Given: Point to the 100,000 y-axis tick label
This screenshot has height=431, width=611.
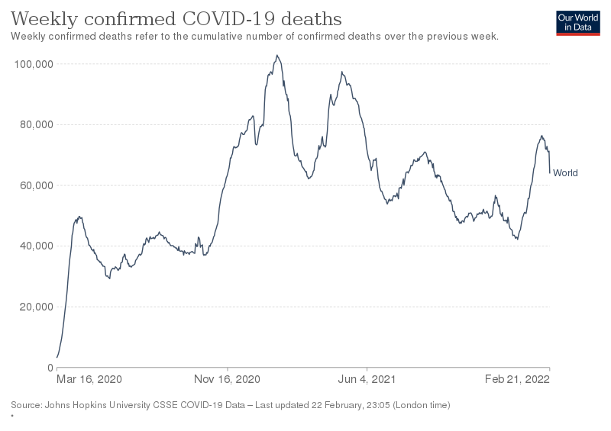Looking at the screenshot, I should click(33, 64).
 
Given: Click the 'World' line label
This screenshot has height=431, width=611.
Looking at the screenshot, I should click(565, 173).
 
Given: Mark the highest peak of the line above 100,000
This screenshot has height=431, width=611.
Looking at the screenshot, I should click(277, 55).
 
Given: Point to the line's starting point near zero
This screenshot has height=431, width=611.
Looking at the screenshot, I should click(57, 357).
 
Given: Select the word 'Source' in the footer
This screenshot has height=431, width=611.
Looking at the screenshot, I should click(24, 404).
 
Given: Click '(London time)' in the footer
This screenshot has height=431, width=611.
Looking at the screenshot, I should click(421, 404).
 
